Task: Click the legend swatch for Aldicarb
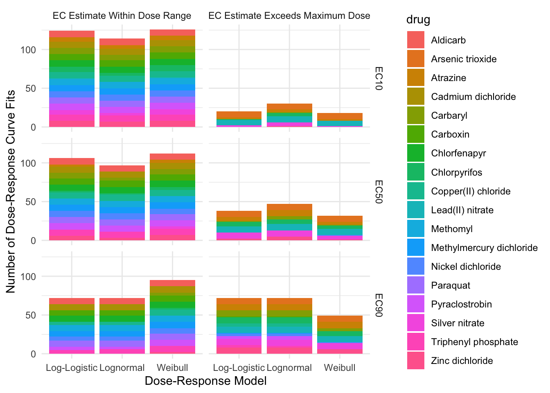tap(415, 40)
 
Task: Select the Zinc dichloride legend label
tap(462, 361)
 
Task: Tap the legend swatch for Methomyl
tap(415, 229)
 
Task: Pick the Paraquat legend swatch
tap(415, 285)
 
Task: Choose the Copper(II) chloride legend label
tap(471, 191)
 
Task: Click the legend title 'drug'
tap(418, 20)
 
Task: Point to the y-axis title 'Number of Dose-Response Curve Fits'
tap(11, 192)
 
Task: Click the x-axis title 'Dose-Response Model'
tap(205, 381)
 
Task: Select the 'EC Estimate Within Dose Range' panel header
tap(122, 16)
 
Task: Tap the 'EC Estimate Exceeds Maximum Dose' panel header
tap(289, 16)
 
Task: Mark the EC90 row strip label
tap(379, 305)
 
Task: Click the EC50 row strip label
tap(379, 192)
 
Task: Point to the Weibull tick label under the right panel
tap(340, 368)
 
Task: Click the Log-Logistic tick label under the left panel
tap(72, 368)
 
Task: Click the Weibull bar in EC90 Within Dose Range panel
tap(172, 317)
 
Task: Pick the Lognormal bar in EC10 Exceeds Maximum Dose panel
tap(289, 115)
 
